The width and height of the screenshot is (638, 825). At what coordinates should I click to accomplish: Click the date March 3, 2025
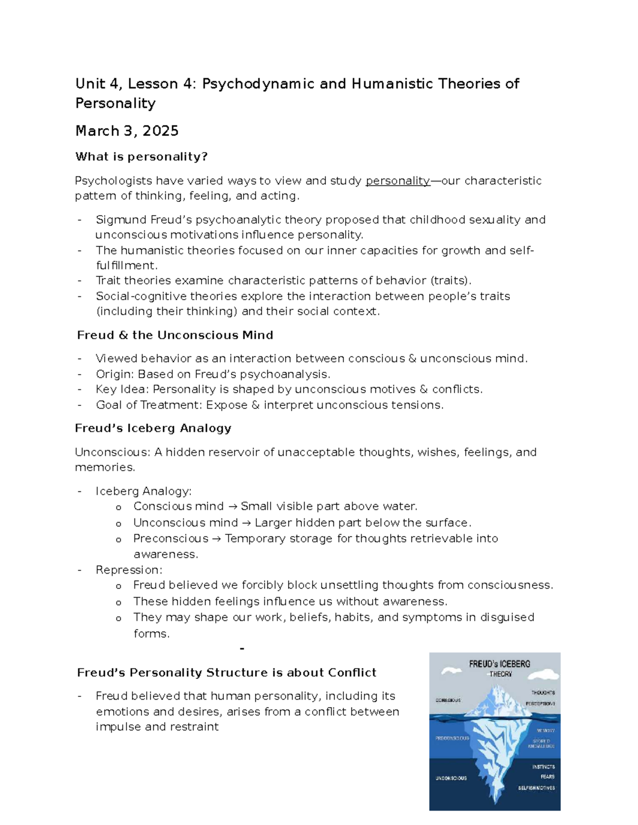127,131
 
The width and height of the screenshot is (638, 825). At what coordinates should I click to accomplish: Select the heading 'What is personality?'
141,157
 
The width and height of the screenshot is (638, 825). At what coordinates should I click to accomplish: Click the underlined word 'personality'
398,181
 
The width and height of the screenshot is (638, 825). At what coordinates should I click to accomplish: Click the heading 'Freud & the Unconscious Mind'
175,335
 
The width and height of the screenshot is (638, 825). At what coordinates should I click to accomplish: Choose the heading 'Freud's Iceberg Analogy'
153,428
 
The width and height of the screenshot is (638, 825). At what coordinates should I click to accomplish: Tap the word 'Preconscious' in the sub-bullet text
171,539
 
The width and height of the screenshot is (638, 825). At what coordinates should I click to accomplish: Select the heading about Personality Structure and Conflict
226,673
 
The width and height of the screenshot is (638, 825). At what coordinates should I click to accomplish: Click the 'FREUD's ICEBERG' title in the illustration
499,664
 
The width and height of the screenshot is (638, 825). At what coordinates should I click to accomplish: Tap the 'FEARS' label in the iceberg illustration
547,777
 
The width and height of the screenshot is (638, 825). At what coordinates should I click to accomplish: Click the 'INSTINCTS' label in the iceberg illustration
543,767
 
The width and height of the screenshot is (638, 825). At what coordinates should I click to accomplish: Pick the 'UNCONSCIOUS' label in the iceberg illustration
451,778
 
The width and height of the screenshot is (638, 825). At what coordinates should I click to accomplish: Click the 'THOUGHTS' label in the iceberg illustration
543,693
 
